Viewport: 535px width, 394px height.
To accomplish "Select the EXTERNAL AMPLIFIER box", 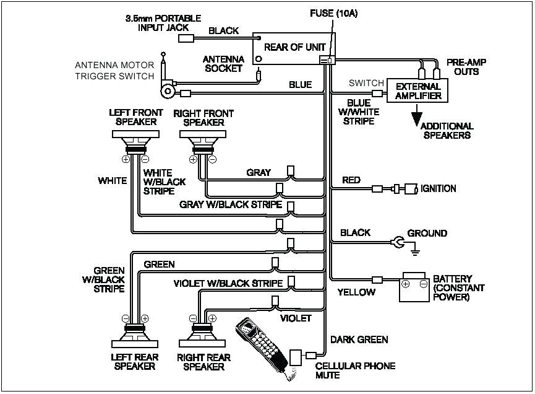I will tap(418, 91).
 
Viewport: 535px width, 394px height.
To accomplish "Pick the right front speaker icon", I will tap(203, 141).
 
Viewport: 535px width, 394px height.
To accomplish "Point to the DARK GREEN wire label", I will tap(359, 339).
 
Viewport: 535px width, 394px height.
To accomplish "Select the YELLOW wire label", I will tap(356, 292).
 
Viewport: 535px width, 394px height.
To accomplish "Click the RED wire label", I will tap(351, 180).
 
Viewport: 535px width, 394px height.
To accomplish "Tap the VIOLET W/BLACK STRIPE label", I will tap(228, 283).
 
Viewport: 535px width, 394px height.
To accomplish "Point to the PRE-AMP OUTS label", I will tap(463, 67).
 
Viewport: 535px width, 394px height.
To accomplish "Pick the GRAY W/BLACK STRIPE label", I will tap(231, 204).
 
